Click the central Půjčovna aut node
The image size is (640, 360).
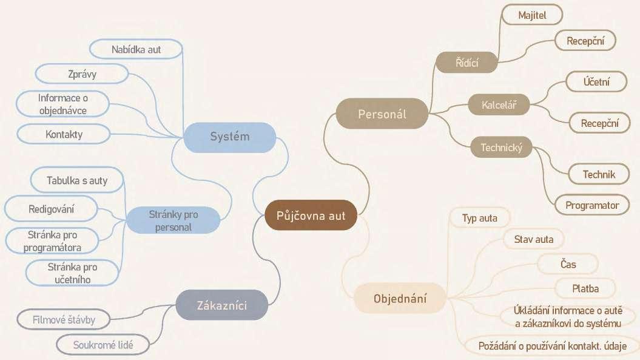pos(311,216)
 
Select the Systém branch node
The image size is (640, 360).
pos(229,136)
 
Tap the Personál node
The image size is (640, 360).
pos(382,114)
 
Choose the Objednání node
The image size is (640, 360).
pos(400,298)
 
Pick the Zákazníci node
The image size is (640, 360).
pos(221,304)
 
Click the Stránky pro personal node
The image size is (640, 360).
pos(173,220)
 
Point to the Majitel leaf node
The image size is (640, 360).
pos(532,15)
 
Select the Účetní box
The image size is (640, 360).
pos(596,81)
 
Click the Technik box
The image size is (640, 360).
pos(599,174)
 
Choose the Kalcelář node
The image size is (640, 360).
pos(498,104)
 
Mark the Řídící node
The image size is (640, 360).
pos(467,61)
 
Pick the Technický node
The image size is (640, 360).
pos(501,148)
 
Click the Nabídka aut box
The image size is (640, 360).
pos(136,49)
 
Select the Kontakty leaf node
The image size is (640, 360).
pos(64,134)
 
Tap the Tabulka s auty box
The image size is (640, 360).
pos(77,180)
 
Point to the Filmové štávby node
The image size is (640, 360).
pos(64,319)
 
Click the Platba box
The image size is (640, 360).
pos(585,289)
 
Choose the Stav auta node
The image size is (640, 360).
pos(534,239)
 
